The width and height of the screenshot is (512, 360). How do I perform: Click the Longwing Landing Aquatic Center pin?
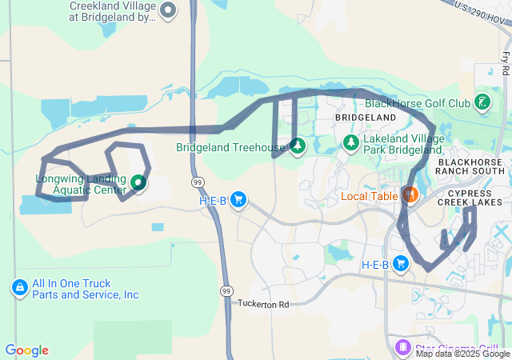click(138, 183)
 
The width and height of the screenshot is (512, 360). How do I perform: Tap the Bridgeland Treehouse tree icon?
click(298, 146)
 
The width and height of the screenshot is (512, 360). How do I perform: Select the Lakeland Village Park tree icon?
click(350, 142)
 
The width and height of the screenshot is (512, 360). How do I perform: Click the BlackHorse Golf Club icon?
click(482, 102)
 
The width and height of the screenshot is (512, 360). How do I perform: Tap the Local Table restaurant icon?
click(410, 195)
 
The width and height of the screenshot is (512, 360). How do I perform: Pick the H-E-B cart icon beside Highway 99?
click(238, 200)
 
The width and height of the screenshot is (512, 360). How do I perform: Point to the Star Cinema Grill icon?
click(402, 346)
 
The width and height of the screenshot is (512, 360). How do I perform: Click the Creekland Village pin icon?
click(168, 10)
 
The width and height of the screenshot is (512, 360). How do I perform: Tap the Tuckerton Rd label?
click(262, 304)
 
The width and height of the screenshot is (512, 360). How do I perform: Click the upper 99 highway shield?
click(195, 182)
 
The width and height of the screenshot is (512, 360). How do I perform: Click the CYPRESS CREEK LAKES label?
click(474, 198)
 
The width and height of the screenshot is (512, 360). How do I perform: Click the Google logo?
click(26, 350)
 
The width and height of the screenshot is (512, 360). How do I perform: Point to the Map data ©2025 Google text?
click(462, 354)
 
